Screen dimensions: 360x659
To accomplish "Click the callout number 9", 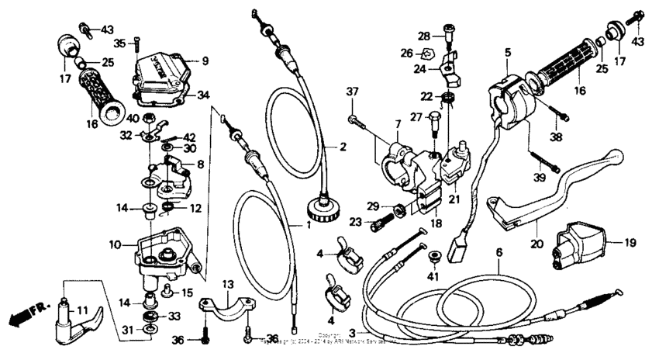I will point(205,61).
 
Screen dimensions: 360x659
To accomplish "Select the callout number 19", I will point(630,242).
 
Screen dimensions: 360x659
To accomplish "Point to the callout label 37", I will point(353,92).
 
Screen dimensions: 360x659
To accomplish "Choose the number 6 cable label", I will point(499,253).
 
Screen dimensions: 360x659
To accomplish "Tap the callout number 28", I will point(424,36).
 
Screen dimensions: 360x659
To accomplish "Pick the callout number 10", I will point(113,244).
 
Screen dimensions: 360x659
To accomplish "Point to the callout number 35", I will point(119,43).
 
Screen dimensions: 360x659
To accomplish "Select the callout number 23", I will point(356,222).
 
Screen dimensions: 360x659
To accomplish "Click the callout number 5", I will point(508,52).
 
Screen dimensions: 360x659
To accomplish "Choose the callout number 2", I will point(342,146).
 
